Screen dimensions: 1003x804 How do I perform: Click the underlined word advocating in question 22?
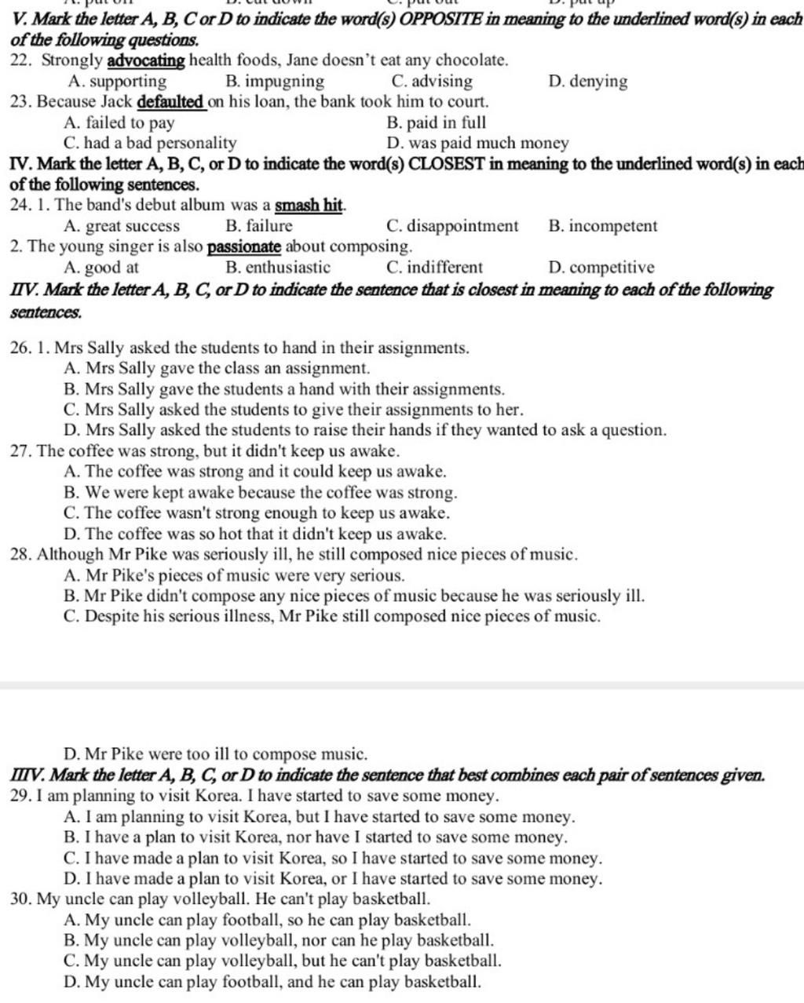[146, 60]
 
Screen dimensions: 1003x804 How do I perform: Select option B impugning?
[274, 82]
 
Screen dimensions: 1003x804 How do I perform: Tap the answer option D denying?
[589, 82]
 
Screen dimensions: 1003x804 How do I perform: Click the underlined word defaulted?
[171, 102]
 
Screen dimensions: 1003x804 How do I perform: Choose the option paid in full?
[437, 123]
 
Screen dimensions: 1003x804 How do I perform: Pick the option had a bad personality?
[150, 144]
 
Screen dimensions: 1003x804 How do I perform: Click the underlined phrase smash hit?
[309, 206]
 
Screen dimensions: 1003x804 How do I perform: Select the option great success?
[124, 227]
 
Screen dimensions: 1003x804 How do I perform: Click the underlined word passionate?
[243, 247]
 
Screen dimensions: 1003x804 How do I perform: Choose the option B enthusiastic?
[278, 268]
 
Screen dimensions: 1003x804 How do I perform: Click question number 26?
[20, 348]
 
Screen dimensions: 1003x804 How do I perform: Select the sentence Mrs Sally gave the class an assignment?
[218, 368]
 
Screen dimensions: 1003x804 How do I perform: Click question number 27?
[20, 451]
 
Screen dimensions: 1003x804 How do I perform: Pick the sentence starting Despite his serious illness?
[334, 616]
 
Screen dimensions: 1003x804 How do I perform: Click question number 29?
[20, 797]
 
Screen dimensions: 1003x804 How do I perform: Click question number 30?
[20, 899]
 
